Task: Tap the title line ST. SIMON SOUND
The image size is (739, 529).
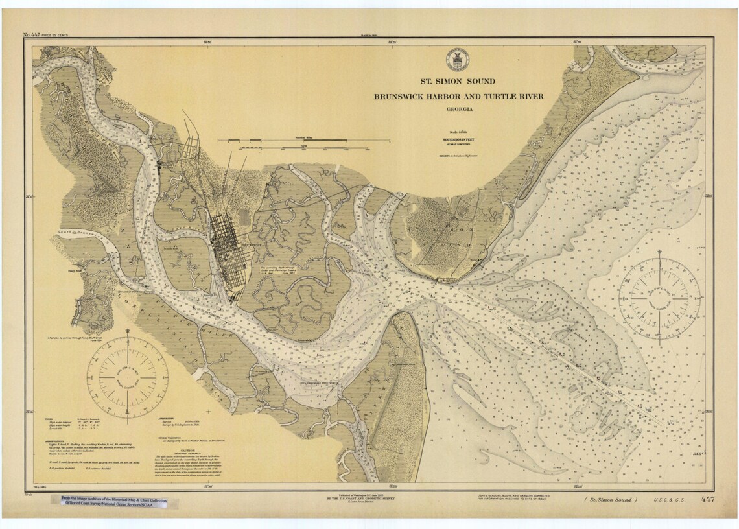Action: click(x=458, y=82)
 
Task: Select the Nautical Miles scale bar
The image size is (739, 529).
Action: click(x=303, y=139)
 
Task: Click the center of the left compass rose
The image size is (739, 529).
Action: click(x=128, y=376)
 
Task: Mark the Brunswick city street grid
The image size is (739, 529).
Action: click(x=228, y=243)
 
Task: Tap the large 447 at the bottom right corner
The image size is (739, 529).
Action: click(x=707, y=499)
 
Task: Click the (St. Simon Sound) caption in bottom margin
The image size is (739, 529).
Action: click(x=607, y=500)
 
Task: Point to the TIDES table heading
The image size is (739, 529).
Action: click(x=49, y=419)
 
